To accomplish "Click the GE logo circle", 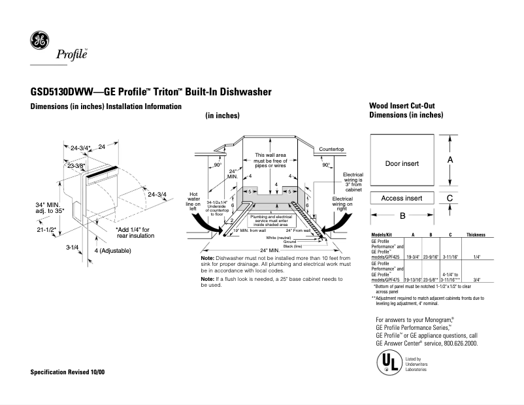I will point(40,41).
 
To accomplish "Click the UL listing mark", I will point(387,363).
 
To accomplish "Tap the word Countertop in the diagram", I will point(331,150).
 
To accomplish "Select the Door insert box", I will point(402,163).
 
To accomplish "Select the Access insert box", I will point(402,198).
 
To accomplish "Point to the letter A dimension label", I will point(450,159).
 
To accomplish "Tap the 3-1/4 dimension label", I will point(72,248).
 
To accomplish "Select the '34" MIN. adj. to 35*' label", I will point(49,208).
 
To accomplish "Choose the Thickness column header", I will point(475,234).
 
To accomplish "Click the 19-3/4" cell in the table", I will point(413,257).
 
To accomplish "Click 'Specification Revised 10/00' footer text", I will point(68,372).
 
